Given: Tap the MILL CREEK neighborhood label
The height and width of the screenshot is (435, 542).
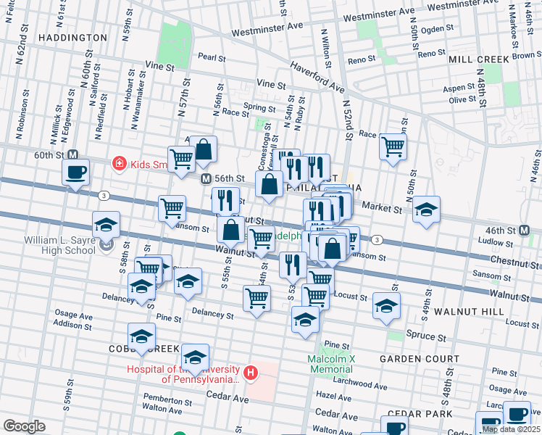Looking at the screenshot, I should (x=479, y=59).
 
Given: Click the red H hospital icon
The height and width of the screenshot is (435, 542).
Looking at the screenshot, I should (x=251, y=373).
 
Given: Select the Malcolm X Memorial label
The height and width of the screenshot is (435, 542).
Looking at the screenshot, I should (x=330, y=364).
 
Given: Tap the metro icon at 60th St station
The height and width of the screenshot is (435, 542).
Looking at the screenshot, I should (x=72, y=154).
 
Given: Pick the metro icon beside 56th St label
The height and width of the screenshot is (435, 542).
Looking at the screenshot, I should (x=206, y=178).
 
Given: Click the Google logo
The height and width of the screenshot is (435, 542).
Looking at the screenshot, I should (x=24, y=426).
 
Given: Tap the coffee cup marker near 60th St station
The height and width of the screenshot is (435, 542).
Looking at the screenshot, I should (x=75, y=173).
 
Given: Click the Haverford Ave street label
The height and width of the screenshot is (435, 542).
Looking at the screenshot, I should (x=317, y=76).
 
